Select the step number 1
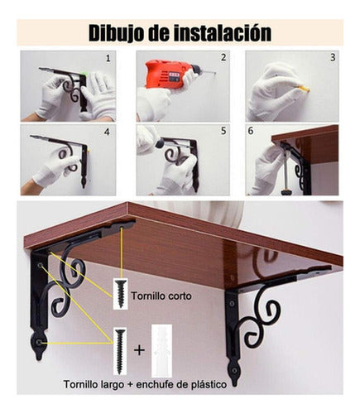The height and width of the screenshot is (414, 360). coord(108,59)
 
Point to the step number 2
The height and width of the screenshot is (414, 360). coord(223,58)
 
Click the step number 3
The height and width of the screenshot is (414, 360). coord(333,58)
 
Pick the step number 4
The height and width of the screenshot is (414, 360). coord(108,131)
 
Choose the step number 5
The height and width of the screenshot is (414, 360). coord(223,131)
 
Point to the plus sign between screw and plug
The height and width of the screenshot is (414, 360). coord(139,349)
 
